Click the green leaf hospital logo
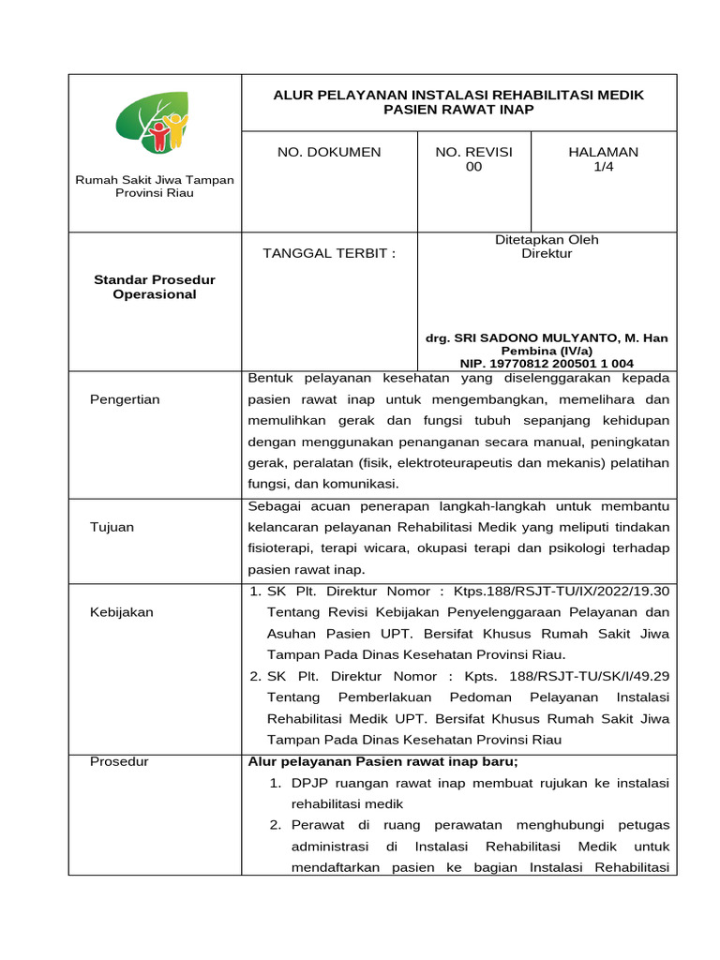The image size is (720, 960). pos(152,123)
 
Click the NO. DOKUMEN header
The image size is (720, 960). pos(328,152)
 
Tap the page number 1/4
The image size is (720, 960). pos(604,167)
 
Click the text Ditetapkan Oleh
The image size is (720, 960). pos(547,239)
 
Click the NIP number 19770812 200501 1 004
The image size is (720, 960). pos(547,363)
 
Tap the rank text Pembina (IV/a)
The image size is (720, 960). pos(547,351)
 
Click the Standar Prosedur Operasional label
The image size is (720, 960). pos(155,287)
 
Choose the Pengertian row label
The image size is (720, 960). pos(125,399)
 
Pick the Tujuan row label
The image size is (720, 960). pos(112,527)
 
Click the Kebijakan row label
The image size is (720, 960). pos(122,612)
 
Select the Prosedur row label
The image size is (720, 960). pos(119,761)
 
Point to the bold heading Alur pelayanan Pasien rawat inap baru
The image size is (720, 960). pos(382,761)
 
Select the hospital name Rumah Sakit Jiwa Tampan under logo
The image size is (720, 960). pos(155,179)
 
